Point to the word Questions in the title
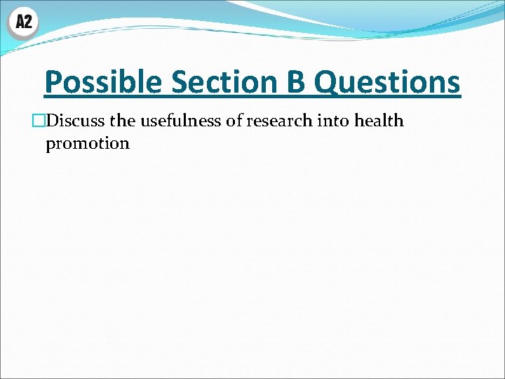387,83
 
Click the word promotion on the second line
88,144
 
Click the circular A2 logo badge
23,22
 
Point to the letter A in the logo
19,22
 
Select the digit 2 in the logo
28,22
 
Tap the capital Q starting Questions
325,83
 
